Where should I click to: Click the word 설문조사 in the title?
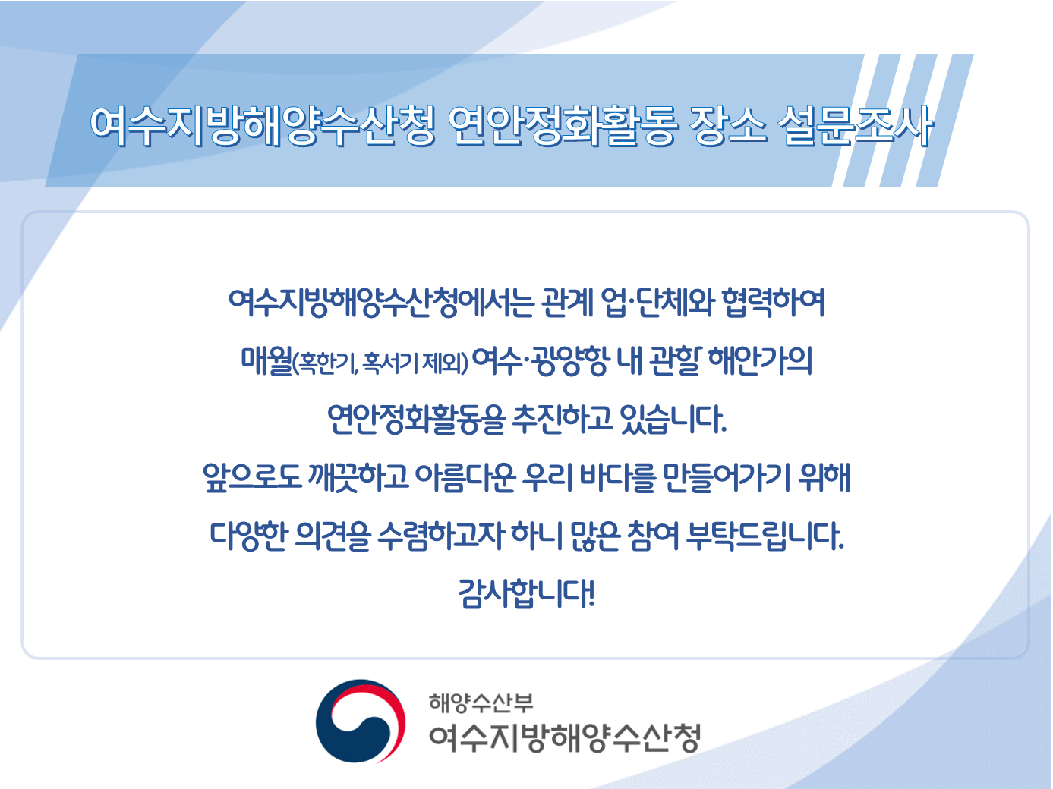[856, 125]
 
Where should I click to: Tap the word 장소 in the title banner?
[727, 125]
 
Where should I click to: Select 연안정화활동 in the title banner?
[562, 125]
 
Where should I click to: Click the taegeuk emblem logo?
[361, 721]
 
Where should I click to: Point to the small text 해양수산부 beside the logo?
[481, 703]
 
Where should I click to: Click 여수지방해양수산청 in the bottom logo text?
[564, 737]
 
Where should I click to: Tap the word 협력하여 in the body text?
[772, 303]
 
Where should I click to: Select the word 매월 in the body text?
[266, 361]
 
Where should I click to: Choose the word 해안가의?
[760, 361]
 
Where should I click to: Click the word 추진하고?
[562, 419]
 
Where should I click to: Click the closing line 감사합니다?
[526, 593]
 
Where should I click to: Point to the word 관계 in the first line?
[566, 303]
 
